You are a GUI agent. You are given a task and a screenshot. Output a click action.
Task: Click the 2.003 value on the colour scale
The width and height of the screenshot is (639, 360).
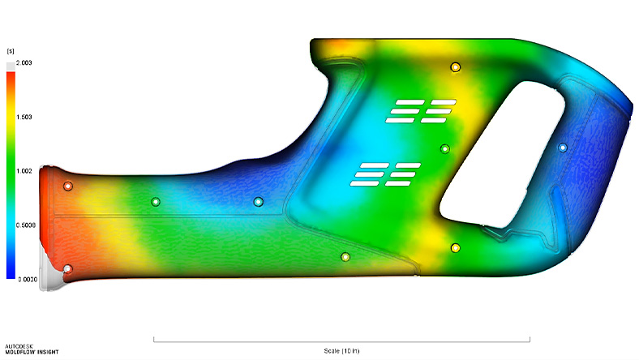pyautogui.click(x=24, y=62)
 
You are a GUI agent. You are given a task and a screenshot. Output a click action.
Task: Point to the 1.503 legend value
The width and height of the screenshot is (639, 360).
pyautogui.click(x=24, y=117)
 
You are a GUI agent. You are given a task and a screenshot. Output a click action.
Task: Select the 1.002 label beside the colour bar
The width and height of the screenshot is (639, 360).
pyautogui.click(x=24, y=171)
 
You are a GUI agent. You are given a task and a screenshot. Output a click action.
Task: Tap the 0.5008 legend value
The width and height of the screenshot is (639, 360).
pyautogui.click(x=26, y=225)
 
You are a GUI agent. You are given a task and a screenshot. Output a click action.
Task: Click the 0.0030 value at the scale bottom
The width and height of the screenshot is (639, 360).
pyautogui.click(x=28, y=279)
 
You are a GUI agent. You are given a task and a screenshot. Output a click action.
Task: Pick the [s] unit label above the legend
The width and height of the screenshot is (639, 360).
pyautogui.click(x=11, y=51)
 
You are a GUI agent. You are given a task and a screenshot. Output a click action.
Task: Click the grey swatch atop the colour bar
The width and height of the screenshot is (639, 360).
pyautogui.click(x=11, y=66)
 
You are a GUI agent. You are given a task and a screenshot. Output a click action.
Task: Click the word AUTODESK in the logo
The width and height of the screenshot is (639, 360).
pyautogui.click(x=19, y=346)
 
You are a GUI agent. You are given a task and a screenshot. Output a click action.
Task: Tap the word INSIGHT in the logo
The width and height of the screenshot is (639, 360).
pyautogui.click(x=47, y=352)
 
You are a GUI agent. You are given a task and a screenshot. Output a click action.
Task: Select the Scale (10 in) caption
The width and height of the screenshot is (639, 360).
pyautogui.click(x=341, y=350)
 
